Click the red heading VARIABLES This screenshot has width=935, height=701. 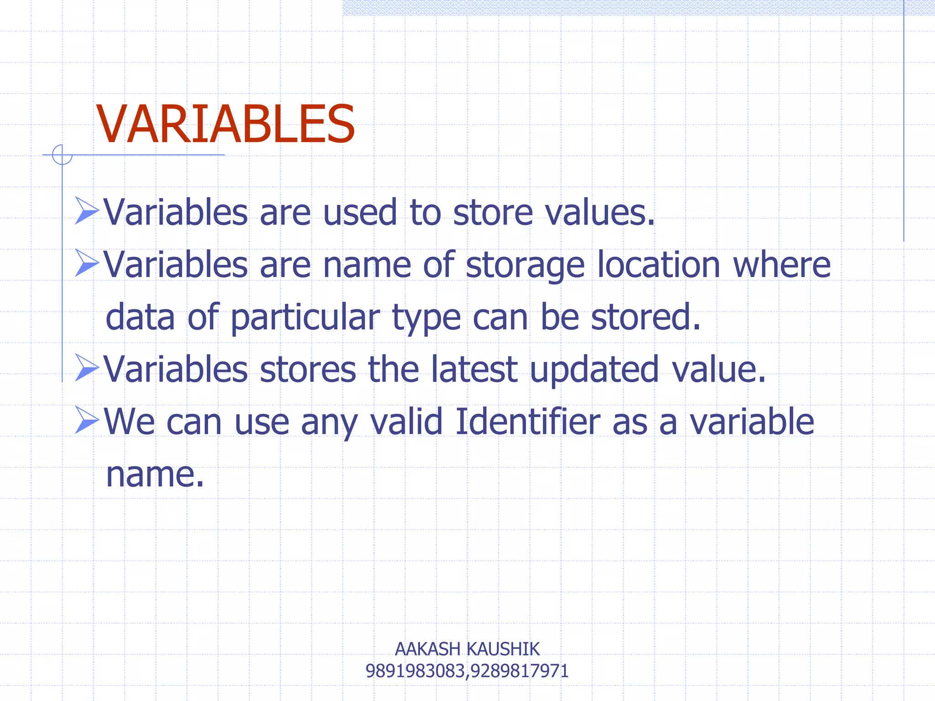[x=226, y=124]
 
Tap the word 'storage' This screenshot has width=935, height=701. [x=525, y=266]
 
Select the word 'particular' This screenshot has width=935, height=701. [x=305, y=318]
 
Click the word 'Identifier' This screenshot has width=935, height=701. [x=528, y=421]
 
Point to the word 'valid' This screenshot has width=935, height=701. [x=406, y=421]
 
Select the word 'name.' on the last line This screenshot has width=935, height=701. [x=155, y=475]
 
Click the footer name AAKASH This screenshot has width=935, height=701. [x=427, y=649]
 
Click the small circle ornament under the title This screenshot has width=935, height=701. [x=62, y=155]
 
